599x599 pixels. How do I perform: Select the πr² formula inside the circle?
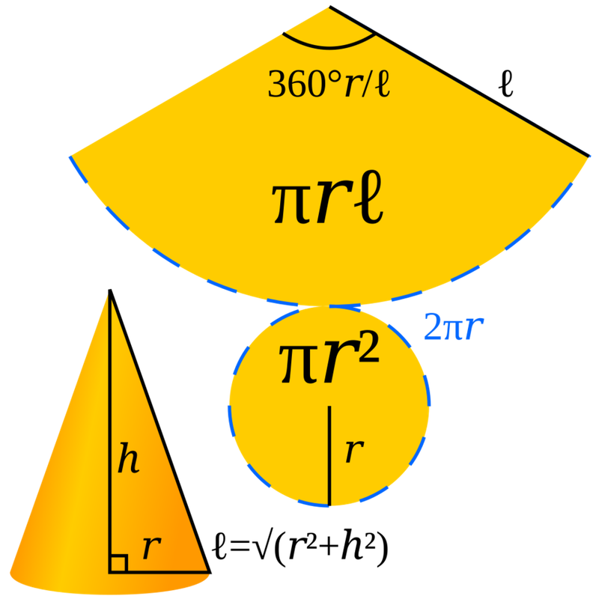(329, 362)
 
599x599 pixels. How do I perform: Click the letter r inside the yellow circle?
(353, 451)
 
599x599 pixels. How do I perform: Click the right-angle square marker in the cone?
(118, 563)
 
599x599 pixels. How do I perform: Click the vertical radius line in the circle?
(329, 457)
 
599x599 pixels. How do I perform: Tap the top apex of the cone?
(109, 297)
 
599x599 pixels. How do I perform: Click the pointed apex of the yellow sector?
(329, 7)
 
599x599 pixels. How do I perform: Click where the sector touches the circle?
(329, 305)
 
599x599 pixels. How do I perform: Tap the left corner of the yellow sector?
(70, 156)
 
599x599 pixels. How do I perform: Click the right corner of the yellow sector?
(588, 156)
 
